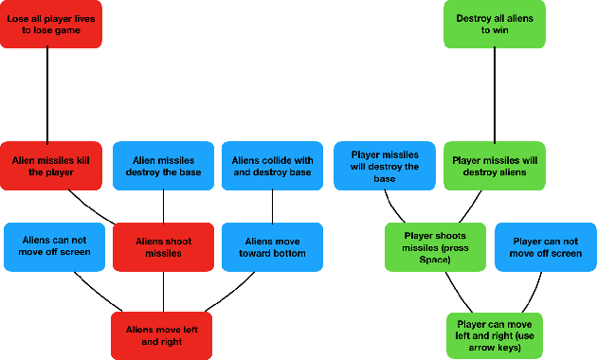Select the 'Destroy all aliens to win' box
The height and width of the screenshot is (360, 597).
coord(494,24)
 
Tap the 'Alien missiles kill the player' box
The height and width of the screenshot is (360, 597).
coord(49,167)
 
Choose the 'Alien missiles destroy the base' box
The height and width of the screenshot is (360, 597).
coord(163,167)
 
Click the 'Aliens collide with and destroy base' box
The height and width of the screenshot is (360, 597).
coord(273,167)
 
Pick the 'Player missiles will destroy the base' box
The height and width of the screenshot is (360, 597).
coord(385,166)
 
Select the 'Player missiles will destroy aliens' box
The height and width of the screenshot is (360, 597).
coord(494,167)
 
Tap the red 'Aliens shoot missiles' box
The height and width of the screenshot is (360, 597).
coord(163,247)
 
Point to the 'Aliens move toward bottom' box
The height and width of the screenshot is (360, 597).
coord(273,247)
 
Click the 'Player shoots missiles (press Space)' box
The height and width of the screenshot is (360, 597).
coord(436,247)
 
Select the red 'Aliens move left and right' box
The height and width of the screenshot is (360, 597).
coord(160,335)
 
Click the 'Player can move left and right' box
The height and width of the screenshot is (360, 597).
coord(494,334)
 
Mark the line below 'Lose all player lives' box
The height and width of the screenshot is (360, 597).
coord(48,95)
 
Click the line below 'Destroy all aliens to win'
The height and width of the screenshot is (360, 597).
coord(494,95)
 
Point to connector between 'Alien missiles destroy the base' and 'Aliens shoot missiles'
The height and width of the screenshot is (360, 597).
coord(163,207)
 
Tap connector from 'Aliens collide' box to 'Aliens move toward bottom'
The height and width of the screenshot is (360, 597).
coord(273,207)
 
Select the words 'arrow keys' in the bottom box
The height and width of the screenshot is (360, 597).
coord(494,348)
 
